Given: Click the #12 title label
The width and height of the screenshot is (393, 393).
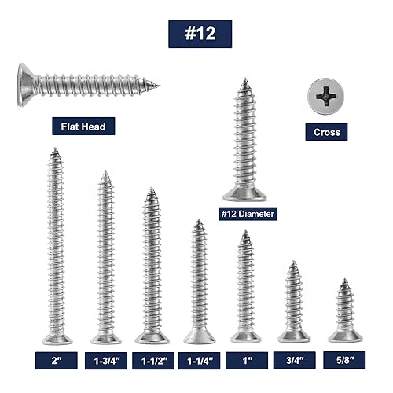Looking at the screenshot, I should point(200,34).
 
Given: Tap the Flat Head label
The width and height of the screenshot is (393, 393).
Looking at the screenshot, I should point(83,125).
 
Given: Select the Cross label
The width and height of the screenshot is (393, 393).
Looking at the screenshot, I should point(326,132).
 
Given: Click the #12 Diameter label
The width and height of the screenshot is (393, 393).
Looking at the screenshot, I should point(248,212).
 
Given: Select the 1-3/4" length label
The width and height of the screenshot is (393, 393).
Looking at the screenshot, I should point(105,360).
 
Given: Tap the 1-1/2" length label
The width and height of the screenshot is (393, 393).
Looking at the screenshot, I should point(152,360).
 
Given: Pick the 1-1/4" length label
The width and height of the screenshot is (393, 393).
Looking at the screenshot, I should point(200,360).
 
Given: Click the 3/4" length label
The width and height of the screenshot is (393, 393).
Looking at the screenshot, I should point(293,360).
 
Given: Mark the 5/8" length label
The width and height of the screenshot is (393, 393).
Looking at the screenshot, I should point(343,360).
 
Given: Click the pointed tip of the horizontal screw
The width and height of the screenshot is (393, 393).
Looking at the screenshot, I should point(157,85).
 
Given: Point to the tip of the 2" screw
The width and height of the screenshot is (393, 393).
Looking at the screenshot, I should point(56,150).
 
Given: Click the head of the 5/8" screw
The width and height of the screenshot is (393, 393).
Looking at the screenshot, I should point(343,336).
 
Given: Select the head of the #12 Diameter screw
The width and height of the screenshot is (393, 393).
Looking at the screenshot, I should point(245,193).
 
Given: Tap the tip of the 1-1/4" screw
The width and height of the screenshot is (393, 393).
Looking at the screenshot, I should point(199,222).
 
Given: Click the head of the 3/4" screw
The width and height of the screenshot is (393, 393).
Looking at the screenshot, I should point(293,336).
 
